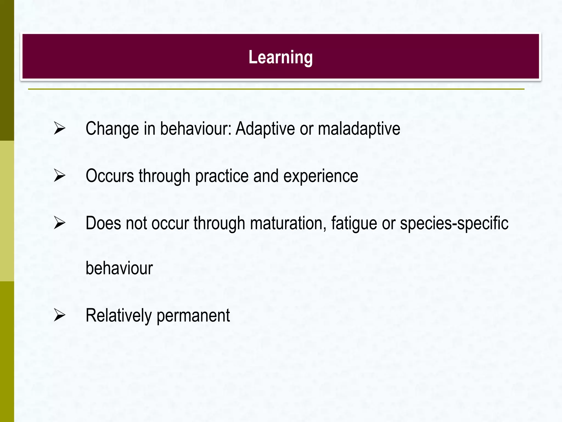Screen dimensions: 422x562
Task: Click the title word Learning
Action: [280, 57]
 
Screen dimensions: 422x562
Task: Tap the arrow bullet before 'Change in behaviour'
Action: [60, 129]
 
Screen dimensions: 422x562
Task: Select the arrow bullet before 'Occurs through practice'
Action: [60, 176]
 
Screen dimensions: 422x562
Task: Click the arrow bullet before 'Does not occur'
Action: [60, 223]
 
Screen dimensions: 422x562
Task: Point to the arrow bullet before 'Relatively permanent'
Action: [60, 315]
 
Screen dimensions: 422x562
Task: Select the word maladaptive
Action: [359, 129]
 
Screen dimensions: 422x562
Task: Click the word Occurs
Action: [110, 176]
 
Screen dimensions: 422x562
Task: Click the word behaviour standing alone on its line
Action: [119, 268]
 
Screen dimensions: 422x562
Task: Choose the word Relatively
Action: [119, 315]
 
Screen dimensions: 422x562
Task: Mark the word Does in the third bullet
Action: [103, 223]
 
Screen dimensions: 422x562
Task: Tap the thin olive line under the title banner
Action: [276, 89]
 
